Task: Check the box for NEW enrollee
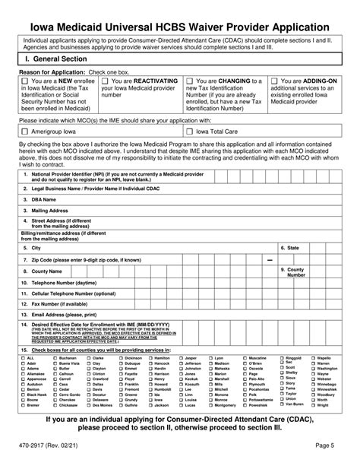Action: coord(25,80)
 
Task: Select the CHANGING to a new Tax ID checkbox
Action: coord(191,80)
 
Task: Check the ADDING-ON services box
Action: coord(274,80)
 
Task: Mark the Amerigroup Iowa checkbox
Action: coord(25,131)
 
